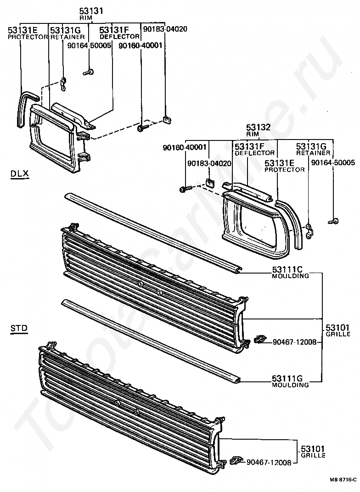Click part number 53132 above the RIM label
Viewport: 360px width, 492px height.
(258, 128)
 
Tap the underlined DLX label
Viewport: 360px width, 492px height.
(19, 173)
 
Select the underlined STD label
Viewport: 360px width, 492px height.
(19, 328)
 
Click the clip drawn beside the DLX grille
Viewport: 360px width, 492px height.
(259, 340)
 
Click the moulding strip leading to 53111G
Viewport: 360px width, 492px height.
(152, 340)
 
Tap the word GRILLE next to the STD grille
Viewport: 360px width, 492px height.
(313, 455)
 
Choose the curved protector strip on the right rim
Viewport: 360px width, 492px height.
(294, 220)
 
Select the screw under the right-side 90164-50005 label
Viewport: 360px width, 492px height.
(333, 222)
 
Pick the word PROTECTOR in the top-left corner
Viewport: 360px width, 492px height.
(28, 37)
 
